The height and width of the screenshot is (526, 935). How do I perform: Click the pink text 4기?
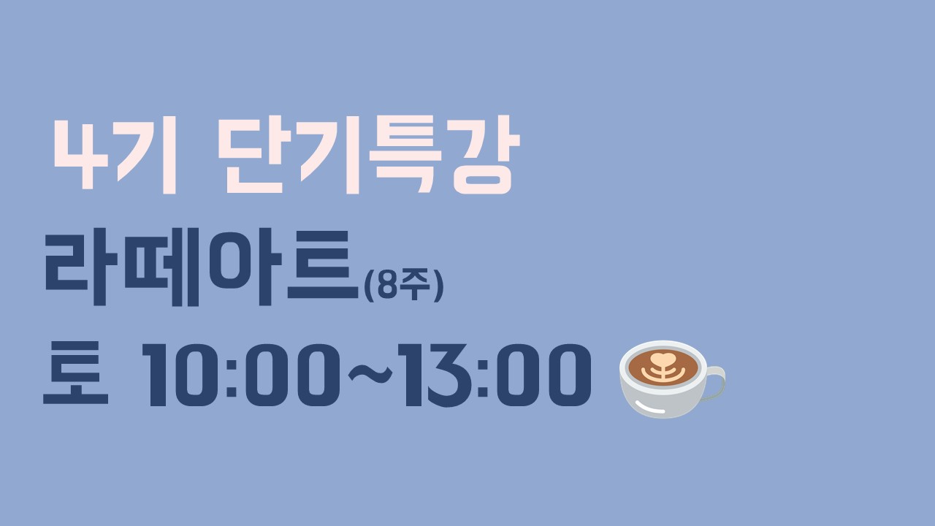coord(115,155)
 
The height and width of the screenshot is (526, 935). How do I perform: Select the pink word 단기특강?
coord(370,155)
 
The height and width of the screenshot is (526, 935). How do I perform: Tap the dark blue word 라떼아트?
coord(201,267)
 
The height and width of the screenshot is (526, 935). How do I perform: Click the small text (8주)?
coord(404,286)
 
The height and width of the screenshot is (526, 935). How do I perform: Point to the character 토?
coord(75,373)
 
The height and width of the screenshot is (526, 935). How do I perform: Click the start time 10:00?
coord(241,375)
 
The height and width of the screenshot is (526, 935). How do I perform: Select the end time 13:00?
coord(495,375)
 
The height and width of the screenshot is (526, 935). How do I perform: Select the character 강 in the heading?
coord(486,155)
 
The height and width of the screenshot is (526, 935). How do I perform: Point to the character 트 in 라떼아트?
coord(323,264)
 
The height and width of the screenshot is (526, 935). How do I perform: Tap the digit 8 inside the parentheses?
coord(386,286)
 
